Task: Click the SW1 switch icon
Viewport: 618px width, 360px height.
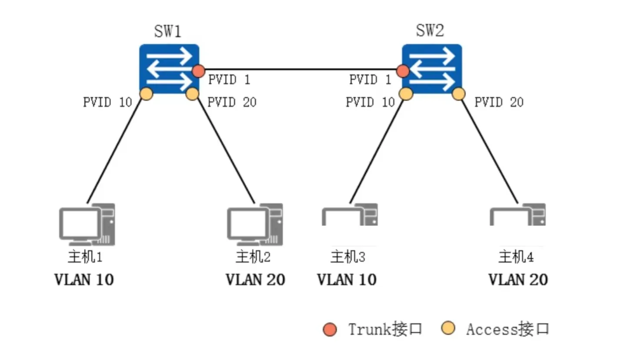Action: (169, 68)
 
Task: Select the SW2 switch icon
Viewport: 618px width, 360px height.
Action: (432, 68)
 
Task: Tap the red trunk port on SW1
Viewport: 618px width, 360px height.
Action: (199, 70)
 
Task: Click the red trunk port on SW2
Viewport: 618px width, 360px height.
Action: (403, 70)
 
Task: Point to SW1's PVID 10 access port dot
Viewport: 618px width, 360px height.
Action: (147, 94)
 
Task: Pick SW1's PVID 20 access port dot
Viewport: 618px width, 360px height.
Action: (192, 93)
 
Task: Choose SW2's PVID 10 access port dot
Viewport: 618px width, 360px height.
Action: (406, 93)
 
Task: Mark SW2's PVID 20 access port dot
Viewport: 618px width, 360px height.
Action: (459, 93)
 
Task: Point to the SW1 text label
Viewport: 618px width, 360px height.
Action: (168, 32)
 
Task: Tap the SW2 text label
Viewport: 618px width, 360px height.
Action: (430, 32)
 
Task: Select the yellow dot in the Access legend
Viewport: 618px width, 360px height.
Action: (448, 329)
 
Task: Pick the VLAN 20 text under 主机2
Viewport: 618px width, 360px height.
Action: (255, 279)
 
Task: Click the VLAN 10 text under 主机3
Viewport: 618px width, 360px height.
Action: (347, 279)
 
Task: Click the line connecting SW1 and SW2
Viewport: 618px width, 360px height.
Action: (300, 69)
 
